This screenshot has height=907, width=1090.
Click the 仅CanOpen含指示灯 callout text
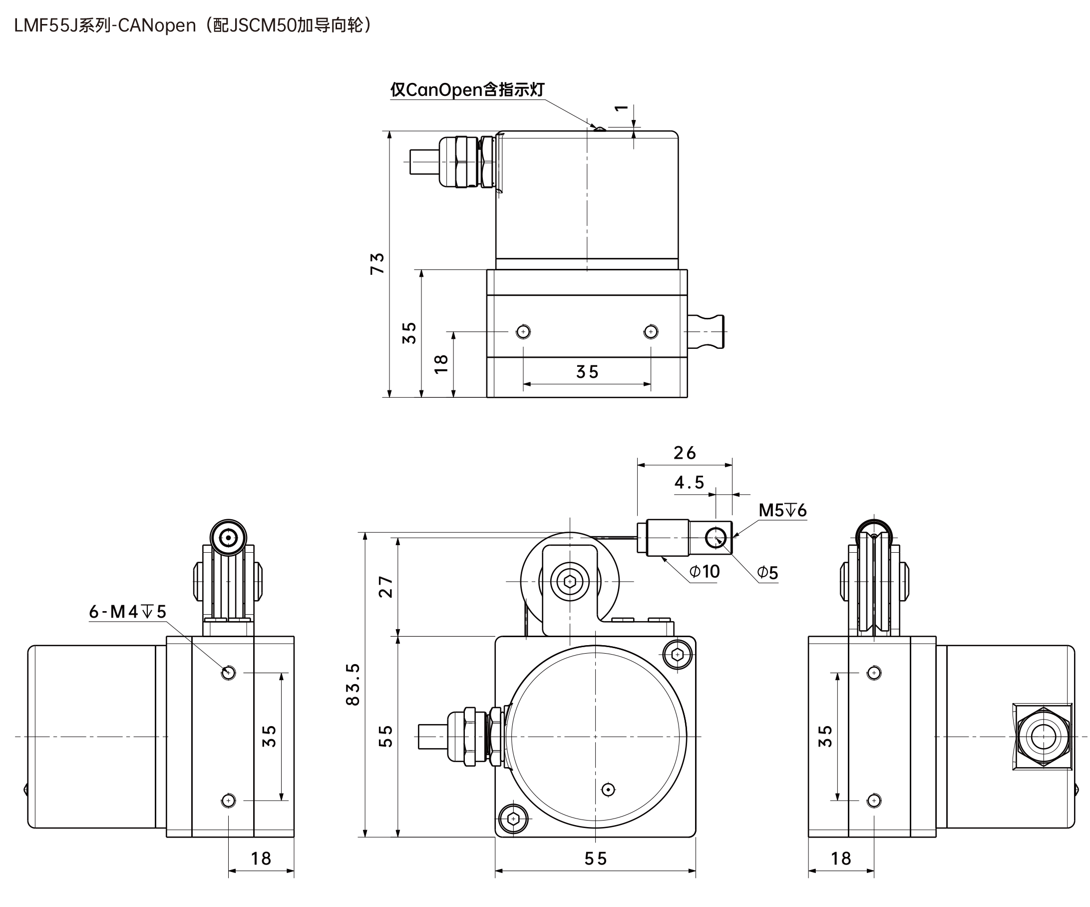click(467, 89)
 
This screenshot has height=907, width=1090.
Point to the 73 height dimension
click(377, 263)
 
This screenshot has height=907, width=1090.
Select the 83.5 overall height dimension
click(353, 684)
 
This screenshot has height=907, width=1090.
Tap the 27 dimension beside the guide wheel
click(385, 587)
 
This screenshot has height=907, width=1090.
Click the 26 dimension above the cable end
click(685, 453)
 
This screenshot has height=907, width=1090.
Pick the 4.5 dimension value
click(689, 483)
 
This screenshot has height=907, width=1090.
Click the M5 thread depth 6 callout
click(783, 510)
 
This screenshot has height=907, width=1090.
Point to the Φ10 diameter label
click(705, 571)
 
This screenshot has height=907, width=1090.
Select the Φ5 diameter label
click(767, 573)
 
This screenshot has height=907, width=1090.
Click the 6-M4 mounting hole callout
click(128, 612)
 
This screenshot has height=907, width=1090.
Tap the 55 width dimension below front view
click(595, 858)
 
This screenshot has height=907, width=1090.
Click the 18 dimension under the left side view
click(261, 858)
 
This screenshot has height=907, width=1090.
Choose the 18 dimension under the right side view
click(841, 858)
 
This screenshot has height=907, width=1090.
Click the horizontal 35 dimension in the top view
click(587, 371)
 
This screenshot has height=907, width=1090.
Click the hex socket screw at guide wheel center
click(569, 581)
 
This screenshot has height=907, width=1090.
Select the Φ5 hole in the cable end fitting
click(717, 538)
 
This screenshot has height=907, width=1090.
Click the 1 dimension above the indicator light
click(621, 108)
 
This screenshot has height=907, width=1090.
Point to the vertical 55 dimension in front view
click(385, 736)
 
